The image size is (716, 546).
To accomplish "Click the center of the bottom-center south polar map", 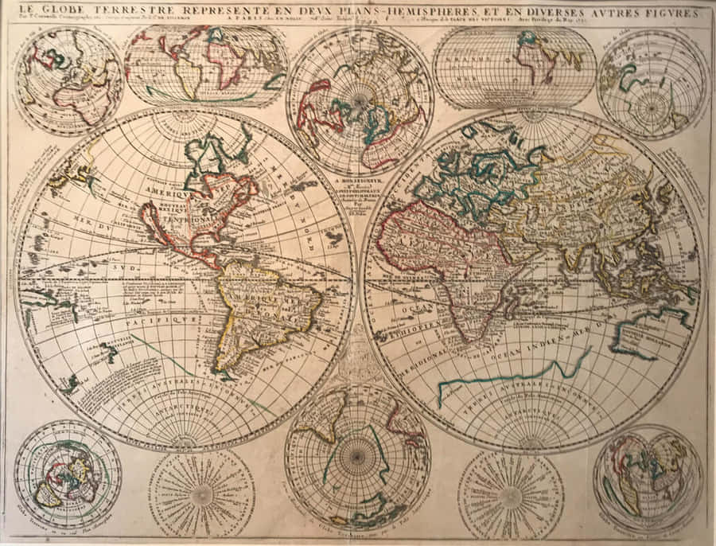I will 357,456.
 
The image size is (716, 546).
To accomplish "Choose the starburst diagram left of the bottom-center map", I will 202,493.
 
